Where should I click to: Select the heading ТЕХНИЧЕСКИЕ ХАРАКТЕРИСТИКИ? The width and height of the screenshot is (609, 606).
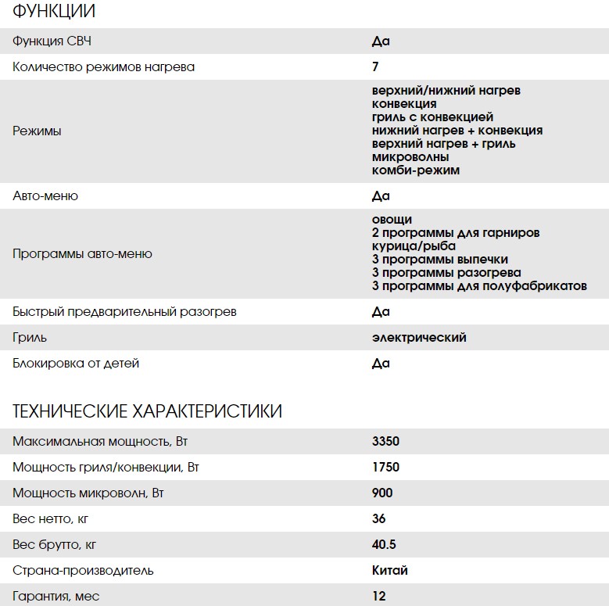(x=148, y=411)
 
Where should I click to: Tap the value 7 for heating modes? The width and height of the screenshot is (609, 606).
(x=376, y=66)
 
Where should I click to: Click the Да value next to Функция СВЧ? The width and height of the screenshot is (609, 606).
(x=381, y=41)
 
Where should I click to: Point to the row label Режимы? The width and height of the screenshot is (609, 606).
(x=37, y=131)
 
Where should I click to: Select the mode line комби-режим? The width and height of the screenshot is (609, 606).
(x=416, y=170)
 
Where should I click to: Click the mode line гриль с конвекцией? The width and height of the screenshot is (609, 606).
(x=432, y=117)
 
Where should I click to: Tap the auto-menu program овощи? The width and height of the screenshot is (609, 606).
(x=392, y=219)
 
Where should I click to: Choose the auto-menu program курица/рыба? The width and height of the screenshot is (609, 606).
(x=410, y=246)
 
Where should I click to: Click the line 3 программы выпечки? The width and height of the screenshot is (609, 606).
(x=440, y=259)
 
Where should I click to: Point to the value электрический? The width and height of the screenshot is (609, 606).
(x=419, y=337)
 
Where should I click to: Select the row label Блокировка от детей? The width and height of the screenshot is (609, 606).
(x=76, y=363)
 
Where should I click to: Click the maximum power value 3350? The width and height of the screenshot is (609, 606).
(x=385, y=441)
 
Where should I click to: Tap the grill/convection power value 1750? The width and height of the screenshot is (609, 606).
(x=385, y=467)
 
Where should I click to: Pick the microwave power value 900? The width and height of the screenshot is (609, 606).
(x=382, y=493)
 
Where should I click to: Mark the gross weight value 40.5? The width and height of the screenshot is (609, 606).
(x=384, y=544)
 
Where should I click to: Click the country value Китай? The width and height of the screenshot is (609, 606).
(x=390, y=570)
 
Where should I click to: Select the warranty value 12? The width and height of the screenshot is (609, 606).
(x=379, y=596)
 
